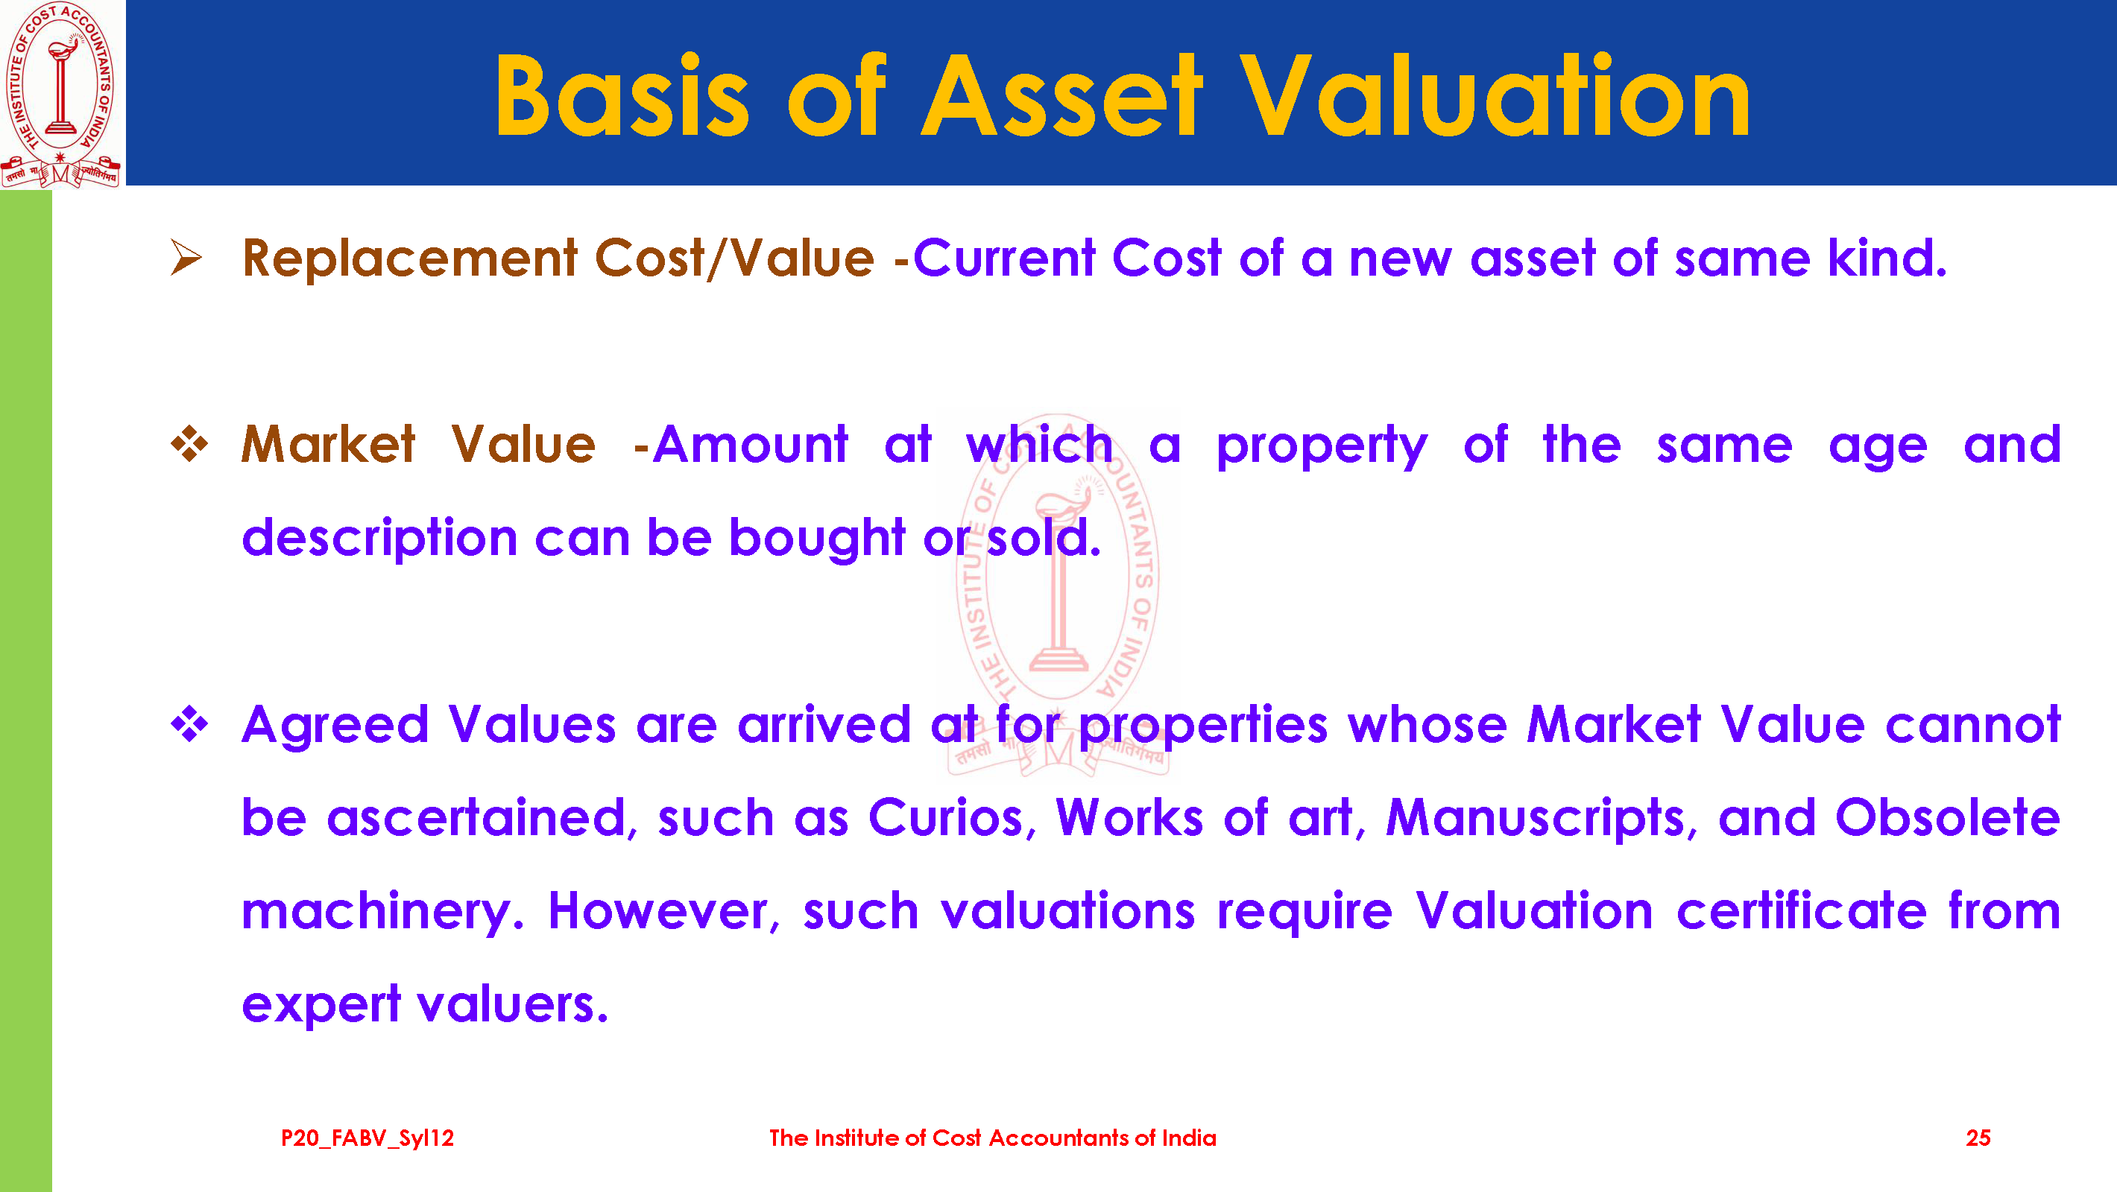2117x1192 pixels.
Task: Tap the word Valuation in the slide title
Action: tap(1496, 95)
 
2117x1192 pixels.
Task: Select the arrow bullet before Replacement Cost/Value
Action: tap(186, 257)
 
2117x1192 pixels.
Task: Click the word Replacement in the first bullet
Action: tap(410, 259)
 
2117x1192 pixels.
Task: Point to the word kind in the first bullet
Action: tap(1887, 258)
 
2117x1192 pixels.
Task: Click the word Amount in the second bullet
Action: tap(751, 445)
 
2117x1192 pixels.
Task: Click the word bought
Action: tap(817, 538)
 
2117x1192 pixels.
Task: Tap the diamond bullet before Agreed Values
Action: tap(189, 723)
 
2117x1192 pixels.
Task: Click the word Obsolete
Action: tap(1948, 817)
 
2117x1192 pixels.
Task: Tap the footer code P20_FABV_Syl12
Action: tap(367, 1138)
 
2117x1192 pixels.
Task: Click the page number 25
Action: tap(1978, 1138)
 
